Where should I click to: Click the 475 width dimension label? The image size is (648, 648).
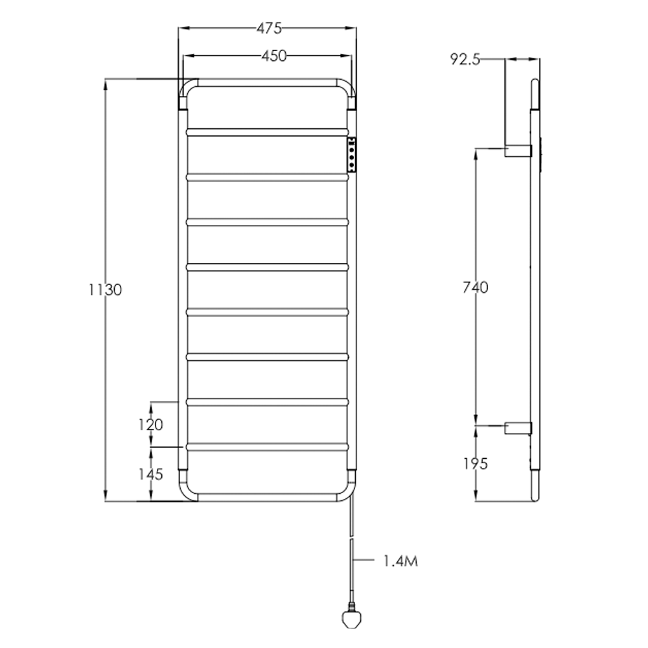(268, 29)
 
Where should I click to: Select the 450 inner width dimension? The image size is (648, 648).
(273, 56)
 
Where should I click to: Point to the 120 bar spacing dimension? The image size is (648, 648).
(150, 424)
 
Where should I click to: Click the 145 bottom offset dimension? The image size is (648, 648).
(150, 474)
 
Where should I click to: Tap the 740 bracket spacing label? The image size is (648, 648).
(476, 288)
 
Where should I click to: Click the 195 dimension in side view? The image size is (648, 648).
(476, 463)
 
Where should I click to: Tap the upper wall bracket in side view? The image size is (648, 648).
(518, 150)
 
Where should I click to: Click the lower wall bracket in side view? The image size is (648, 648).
(518, 428)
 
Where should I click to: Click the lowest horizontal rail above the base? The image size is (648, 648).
(268, 447)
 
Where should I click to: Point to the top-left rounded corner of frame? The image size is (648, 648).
(187, 87)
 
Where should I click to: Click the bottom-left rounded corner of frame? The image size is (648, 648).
(187, 494)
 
